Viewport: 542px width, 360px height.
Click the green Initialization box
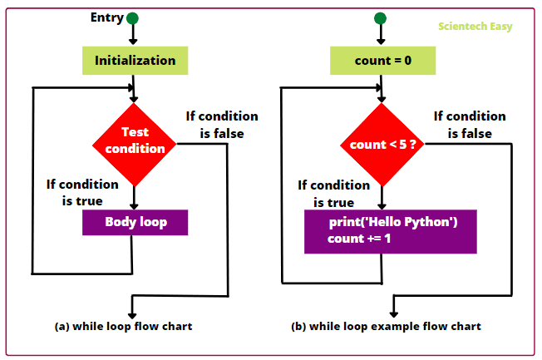pyautogui.click(x=135, y=60)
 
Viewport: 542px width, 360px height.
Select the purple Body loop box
pyautogui.click(x=135, y=222)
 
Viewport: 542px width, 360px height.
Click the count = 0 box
pyautogui.click(x=382, y=60)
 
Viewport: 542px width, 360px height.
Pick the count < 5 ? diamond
pyautogui.click(x=382, y=145)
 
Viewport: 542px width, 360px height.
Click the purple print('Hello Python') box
pyautogui.click(x=390, y=231)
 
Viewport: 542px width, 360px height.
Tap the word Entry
pyautogui.click(x=106, y=17)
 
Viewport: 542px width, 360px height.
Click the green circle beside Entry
pyautogui.click(x=133, y=17)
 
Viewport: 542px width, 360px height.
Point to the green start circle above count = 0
pyautogui.click(x=381, y=17)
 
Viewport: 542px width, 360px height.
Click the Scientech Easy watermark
pyautogui.click(x=475, y=27)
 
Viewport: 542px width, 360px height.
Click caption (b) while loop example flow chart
pyautogui.click(x=386, y=326)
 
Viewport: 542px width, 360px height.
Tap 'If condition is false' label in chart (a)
pyautogui.click(x=222, y=124)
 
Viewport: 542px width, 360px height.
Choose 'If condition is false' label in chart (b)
pyautogui.click(x=470, y=125)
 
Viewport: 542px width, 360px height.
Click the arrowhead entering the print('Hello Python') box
pyautogui.click(x=382, y=205)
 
